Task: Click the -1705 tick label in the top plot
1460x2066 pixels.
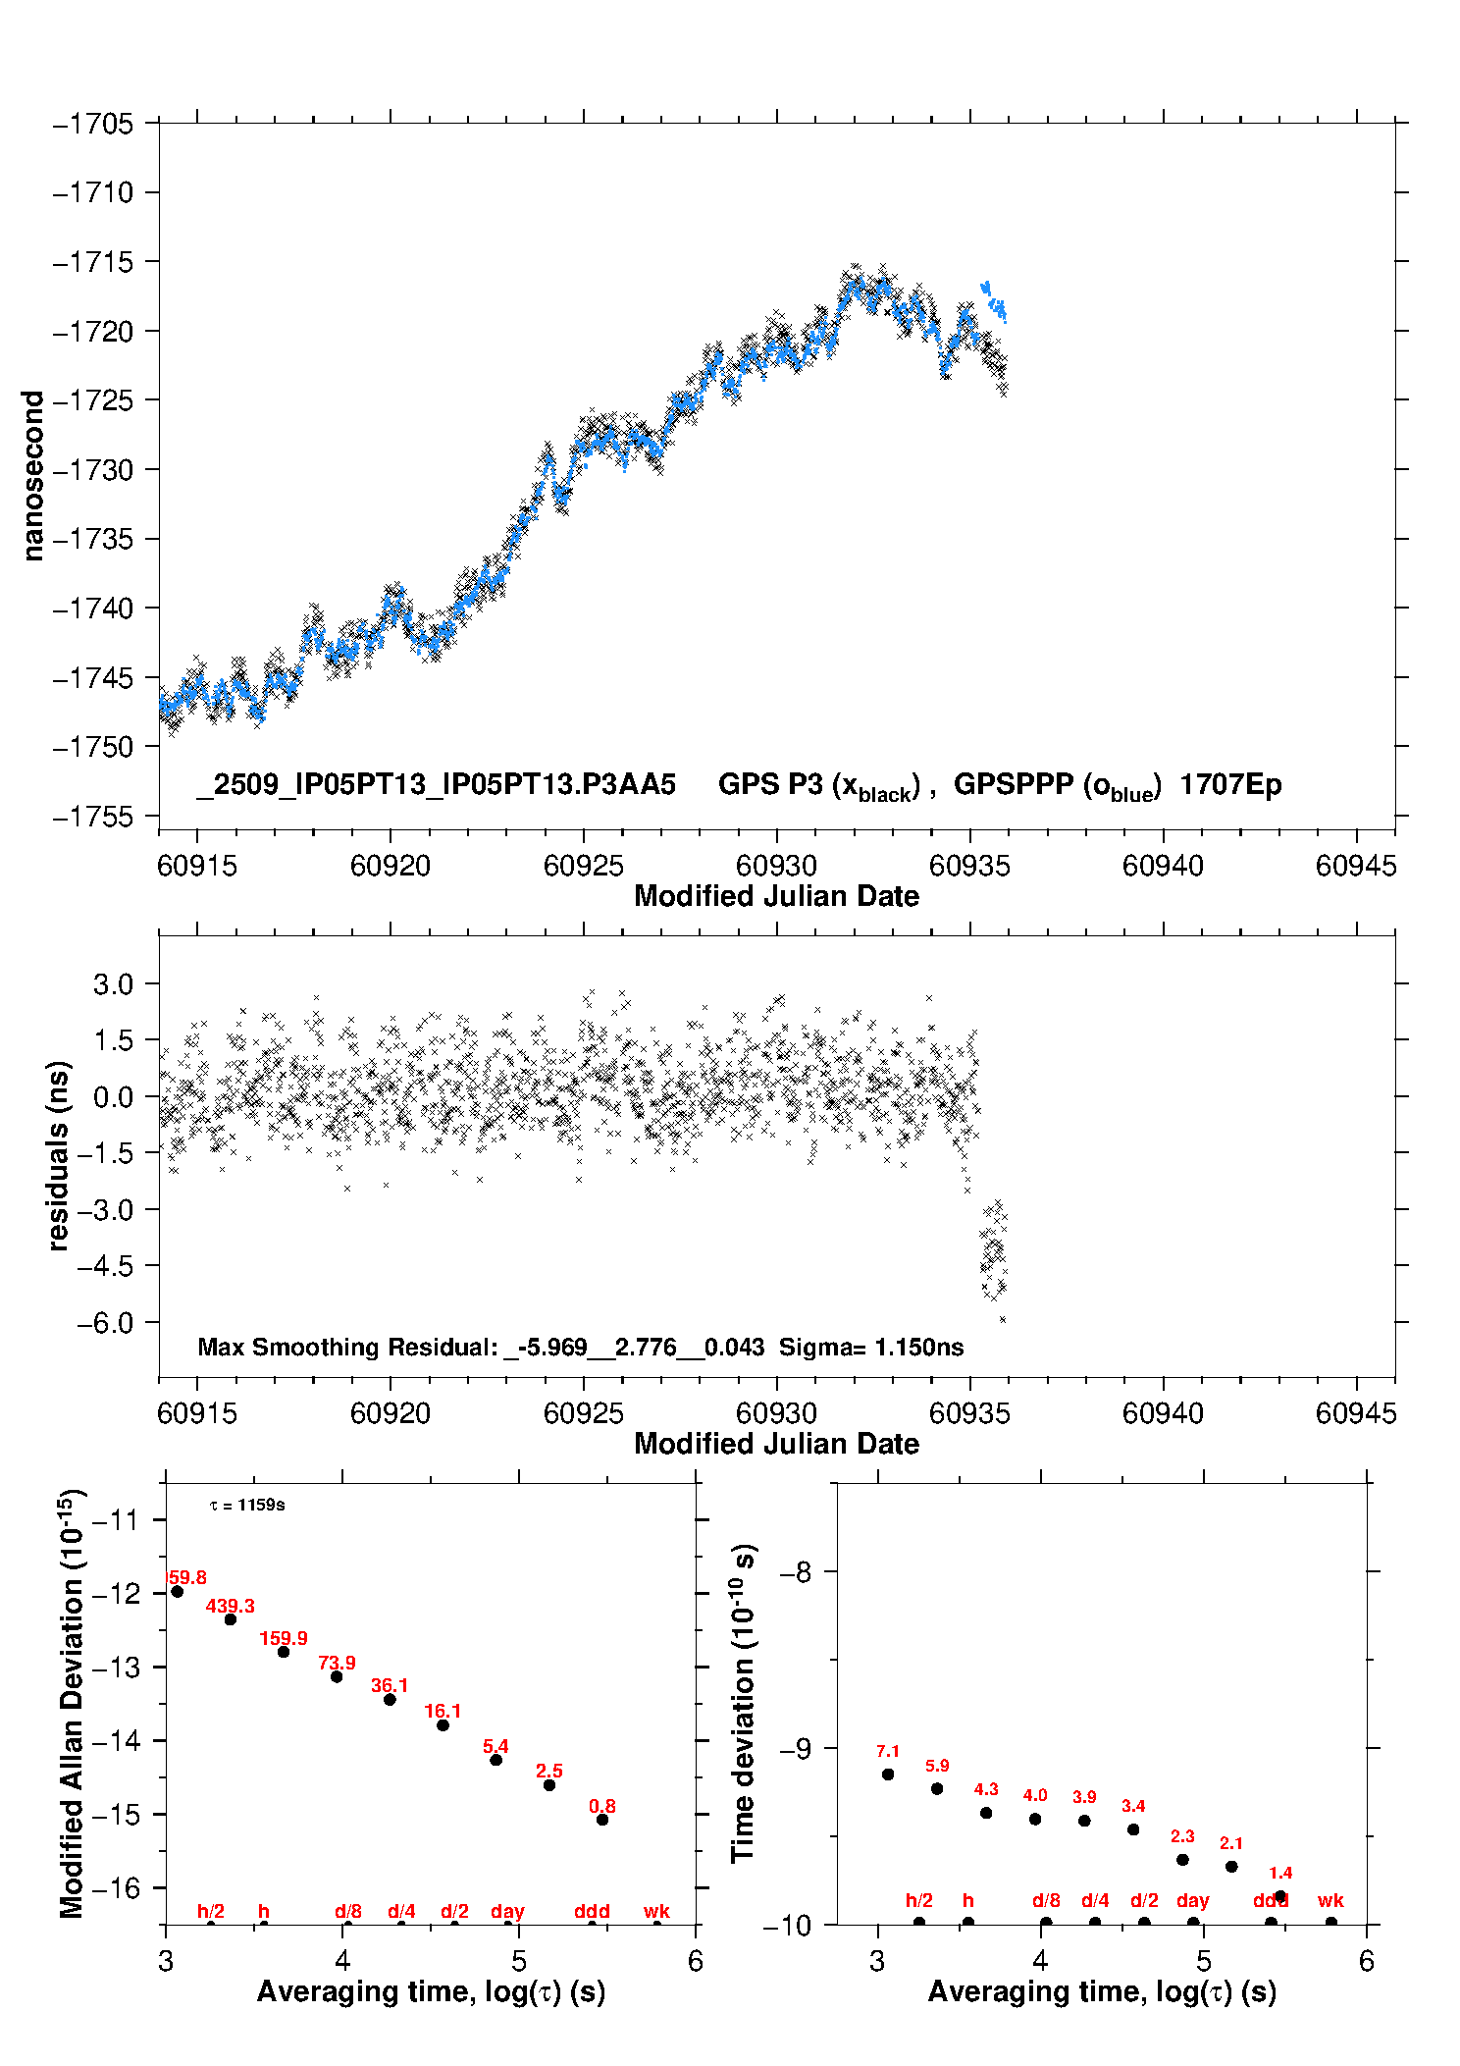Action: pyautogui.click(x=93, y=124)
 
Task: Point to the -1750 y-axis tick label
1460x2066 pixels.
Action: pyautogui.click(x=93, y=747)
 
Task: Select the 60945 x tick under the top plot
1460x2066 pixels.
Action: pyautogui.click(x=1356, y=866)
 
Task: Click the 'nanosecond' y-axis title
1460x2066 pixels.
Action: pyautogui.click(x=33, y=476)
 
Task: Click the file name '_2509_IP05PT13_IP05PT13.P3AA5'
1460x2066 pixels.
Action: pyautogui.click(x=436, y=785)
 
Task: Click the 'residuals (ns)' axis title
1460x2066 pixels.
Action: pyautogui.click(x=59, y=1155)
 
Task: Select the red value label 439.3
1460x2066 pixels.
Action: pyautogui.click(x=231, y=1607)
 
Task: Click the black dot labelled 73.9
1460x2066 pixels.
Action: pyautogui.click(x=337, y=1676)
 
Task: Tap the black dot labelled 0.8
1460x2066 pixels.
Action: pyautogui.click(x=602, y=1820)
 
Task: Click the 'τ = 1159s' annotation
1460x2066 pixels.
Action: pyautogui.click(x=247, y=1506)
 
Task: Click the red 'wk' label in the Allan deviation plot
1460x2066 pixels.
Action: pyautogui.click(x=656, y=1911)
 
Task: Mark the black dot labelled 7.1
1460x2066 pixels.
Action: pyautogui.click(x=888, y=1775)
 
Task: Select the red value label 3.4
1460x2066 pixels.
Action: pyautogui.click(x=1133, y=1806)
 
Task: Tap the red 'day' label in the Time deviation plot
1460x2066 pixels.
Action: pyautogui.click(x=1193, y=1901)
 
